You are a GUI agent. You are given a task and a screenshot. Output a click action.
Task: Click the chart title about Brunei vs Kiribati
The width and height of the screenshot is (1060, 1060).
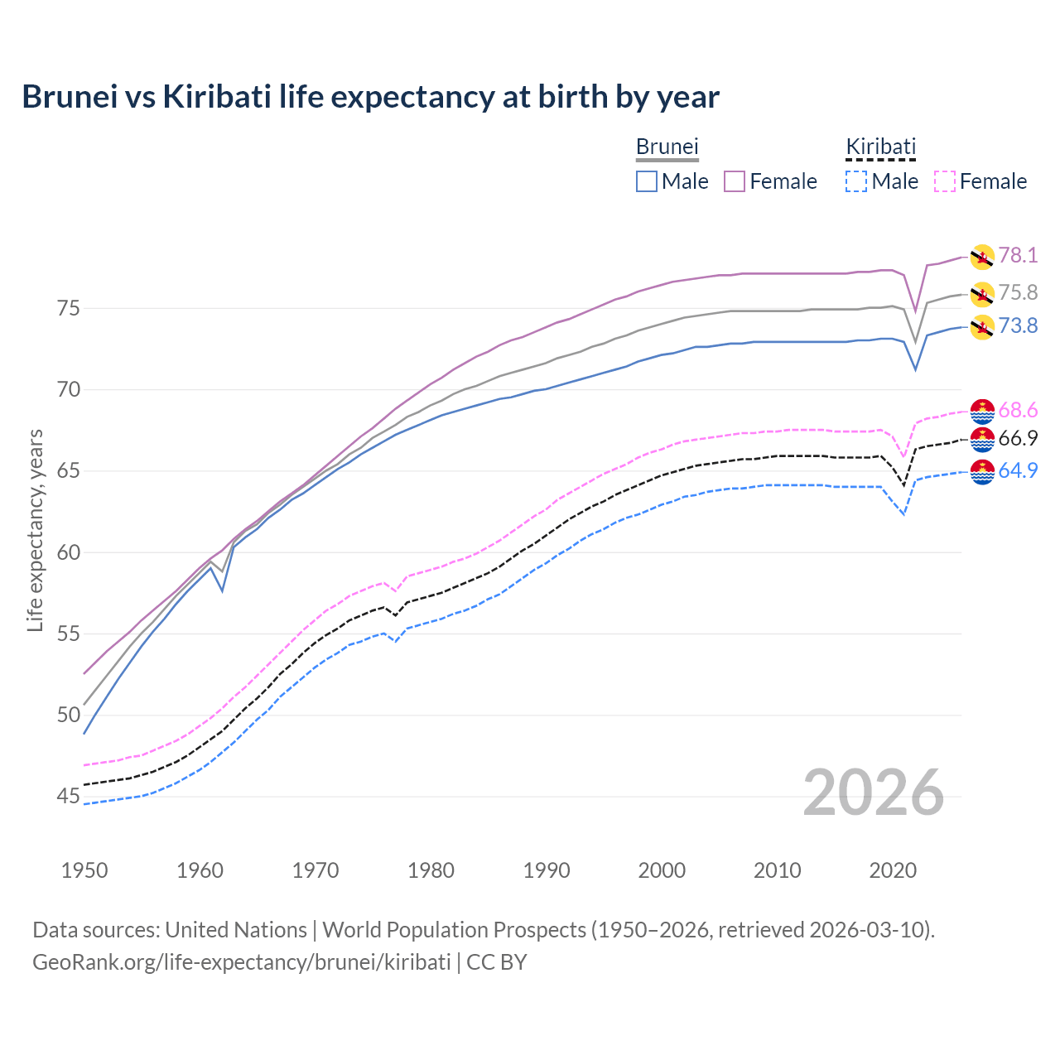(370, 97)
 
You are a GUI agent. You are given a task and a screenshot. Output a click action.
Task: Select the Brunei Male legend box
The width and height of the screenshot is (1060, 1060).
(647, 181)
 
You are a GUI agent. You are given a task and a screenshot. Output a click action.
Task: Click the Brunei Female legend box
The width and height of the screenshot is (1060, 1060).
(735, 181)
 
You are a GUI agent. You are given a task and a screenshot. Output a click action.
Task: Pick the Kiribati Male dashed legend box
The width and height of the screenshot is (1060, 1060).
(856, 181)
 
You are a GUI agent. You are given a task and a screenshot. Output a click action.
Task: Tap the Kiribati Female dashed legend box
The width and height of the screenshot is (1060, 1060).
(945, 181)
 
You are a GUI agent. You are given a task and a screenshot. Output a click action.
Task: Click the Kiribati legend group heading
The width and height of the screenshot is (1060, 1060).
(880, 147)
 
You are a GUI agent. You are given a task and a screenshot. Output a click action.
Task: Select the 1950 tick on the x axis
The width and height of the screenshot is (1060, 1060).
(84, 870)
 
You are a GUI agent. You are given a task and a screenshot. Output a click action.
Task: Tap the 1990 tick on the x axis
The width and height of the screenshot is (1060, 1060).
(547, 870)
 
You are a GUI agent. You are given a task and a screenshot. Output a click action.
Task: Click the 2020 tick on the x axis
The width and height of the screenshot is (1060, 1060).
(893, 870)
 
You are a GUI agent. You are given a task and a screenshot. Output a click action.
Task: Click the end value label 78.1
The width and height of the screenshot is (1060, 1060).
(1018, 255)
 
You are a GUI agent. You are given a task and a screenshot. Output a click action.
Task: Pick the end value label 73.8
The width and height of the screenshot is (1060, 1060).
(1018, 325)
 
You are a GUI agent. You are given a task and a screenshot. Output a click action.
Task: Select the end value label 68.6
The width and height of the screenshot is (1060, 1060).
(1018, 410)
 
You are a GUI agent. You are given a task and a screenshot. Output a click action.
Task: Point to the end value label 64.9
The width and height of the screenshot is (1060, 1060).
(1018, 470)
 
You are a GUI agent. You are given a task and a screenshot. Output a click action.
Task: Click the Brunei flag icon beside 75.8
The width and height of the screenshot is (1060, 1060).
(981, 293)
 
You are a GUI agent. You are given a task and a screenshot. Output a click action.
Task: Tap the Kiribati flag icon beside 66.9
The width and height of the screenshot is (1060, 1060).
(981, 440)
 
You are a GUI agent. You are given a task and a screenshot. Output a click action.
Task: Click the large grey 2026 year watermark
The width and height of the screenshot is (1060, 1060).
(873, 793)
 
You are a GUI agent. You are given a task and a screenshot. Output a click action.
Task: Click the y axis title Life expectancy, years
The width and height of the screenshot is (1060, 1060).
(35, 530)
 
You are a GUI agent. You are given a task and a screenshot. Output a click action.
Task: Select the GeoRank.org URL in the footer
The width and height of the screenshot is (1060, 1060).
(241, 962)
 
